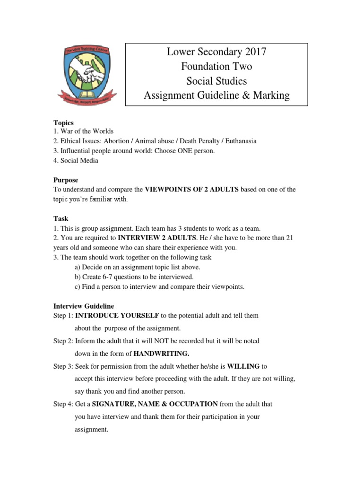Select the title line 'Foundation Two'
(216, 67)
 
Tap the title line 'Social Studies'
(216, 81)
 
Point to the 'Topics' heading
(63, 123)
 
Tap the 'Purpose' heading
(66, 180)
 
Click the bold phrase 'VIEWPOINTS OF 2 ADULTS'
(191, 190)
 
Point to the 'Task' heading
(60, 219)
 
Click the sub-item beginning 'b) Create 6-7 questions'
(134, 277)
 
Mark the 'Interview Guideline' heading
(84, 306)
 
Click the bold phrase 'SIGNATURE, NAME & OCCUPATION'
(155, 404)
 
